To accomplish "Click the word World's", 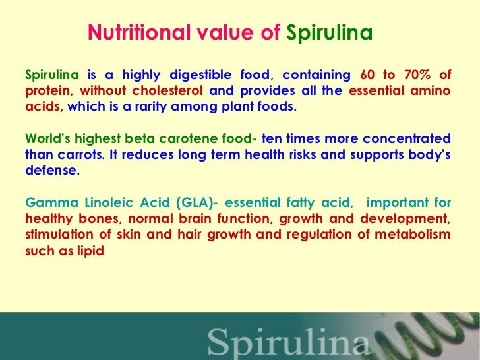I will pos(45,139).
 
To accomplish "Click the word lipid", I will pos(91,251).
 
